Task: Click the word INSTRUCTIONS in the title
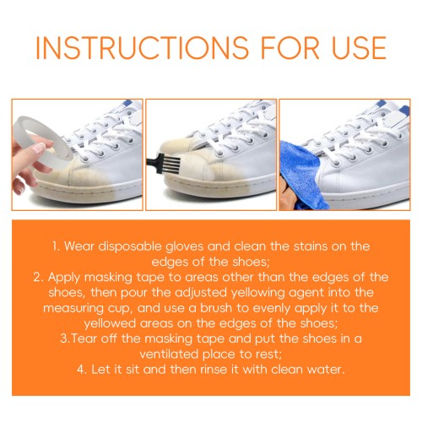point(142,47)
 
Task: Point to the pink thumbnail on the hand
point(40,148)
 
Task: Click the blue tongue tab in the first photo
point(128,103)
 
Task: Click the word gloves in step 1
point(184,246)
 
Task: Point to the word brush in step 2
point(216,308)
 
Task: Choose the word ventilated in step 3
point(169,354)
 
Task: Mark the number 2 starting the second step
point(38,278)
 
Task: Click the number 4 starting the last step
point(82,370)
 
